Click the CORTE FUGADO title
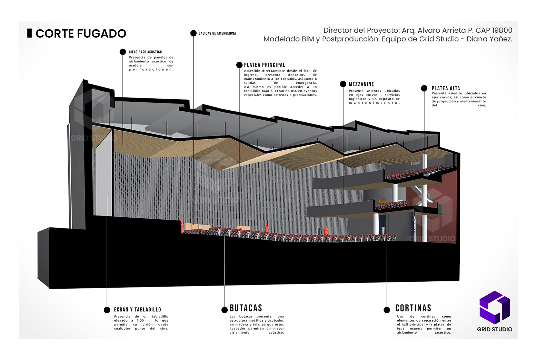(81, 33)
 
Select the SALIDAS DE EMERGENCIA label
(217, 33)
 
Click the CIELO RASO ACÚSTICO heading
(145, 52)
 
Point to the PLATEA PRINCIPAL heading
(265, 65)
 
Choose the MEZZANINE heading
(361, 84)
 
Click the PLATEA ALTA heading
(446, 88)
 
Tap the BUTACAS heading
(246, 308)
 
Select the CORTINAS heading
(413, 308)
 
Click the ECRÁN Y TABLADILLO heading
(137, 310)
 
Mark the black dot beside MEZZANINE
(343, 84)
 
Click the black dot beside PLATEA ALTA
(424, 88)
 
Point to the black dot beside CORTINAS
(387, 310)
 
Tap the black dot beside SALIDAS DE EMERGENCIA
(193, 33)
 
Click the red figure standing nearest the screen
(181, 226)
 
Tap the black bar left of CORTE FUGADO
(29, 33)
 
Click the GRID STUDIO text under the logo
(495, 329)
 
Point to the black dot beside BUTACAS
(225, 310)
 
